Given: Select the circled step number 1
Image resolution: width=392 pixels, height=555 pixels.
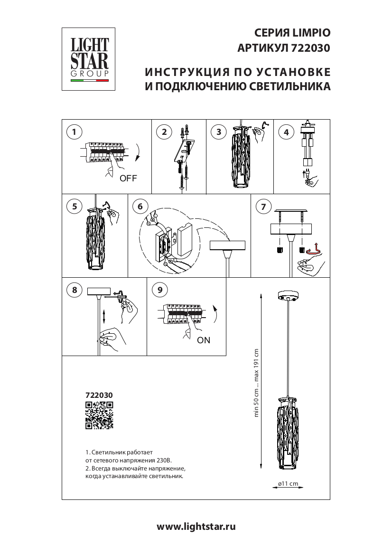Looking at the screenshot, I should click(x=74, y=132).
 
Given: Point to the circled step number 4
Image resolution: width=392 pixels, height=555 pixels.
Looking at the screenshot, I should click(x=286, y=132).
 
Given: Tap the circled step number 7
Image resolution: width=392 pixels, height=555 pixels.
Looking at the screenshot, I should click(x=263, y=207).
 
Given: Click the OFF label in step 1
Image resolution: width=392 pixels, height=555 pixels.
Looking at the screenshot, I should click(x=128, y=179).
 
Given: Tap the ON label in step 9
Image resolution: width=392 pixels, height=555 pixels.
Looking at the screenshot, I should click(x=204, y=340).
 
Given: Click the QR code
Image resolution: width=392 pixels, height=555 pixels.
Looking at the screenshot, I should click(x=99, y=415).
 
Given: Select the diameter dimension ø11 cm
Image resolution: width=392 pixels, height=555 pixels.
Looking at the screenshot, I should click(x=288, y=483).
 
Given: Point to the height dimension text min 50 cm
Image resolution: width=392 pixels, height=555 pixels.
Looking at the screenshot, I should click(x=256, y=403).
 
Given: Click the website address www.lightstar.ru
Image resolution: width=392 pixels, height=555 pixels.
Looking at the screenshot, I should click(x=196, y=527).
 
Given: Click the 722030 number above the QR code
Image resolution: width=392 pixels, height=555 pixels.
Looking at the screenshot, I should click(x=99, y=395).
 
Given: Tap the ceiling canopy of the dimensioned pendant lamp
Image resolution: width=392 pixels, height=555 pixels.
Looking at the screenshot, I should click(x=289, y=296).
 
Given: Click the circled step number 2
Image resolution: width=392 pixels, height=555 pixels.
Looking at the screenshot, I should click(x=164, y=132).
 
